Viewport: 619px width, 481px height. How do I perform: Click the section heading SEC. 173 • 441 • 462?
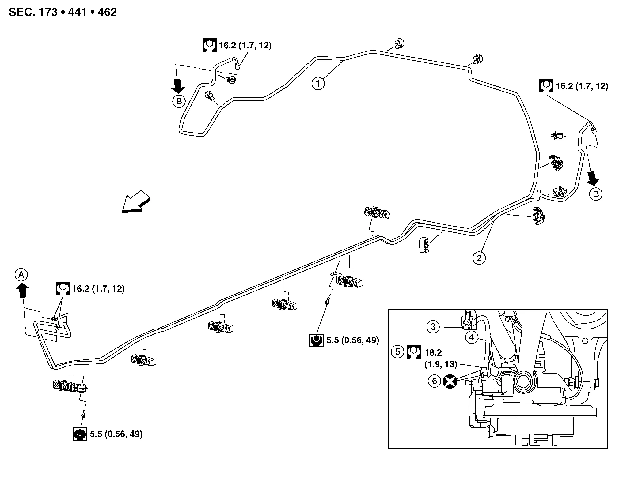click(x=63, y=12)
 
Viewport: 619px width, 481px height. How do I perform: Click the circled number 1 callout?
click(x=318, y=83)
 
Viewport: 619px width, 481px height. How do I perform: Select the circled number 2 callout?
click(x=479, y=258)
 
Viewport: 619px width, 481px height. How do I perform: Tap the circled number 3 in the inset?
click(x=433, y=327)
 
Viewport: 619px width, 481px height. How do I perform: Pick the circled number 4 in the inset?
click(x=472, y=338)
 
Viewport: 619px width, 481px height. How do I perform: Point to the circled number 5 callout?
click(x=397, y=352)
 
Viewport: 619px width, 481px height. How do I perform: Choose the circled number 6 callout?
click(x=434, y=381)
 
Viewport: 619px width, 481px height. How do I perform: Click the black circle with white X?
click(x=450, y=381)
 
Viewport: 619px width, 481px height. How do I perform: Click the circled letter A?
click(x=21, y=275)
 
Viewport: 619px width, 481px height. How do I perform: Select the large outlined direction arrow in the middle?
click(x=136, y=201)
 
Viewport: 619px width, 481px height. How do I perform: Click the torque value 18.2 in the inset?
click(x=433, y=353)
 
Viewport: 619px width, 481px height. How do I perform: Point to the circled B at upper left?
click(x=179, y=101)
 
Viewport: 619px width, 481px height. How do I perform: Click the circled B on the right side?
click(x=596, y=194)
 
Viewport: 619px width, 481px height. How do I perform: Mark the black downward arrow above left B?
click(x=178, y=85)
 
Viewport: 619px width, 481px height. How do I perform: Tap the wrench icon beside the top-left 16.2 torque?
click(x=209, y=45)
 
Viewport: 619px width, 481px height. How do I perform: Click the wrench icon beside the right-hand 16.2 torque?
click(x=546, y=86)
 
